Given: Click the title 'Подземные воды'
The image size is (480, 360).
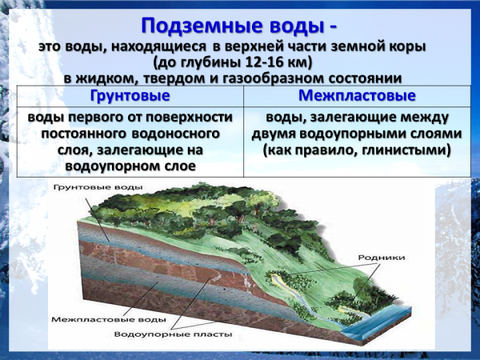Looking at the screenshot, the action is tap(232, 26).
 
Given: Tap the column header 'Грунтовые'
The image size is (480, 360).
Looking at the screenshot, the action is tap(130, 95).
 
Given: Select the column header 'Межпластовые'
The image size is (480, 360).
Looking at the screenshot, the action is tap(357, 95).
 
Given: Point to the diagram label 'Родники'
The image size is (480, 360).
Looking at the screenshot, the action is tap(382, 258).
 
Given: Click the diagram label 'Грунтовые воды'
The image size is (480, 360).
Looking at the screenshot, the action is tap(98, 187).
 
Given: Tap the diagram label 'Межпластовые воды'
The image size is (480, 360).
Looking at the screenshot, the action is tap(109, 319).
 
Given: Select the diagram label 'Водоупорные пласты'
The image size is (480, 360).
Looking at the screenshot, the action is tap(174, 334).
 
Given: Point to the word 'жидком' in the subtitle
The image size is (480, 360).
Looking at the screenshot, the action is tap(105, 78).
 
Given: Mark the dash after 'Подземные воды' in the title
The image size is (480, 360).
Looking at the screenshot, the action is tap(334, 28).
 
